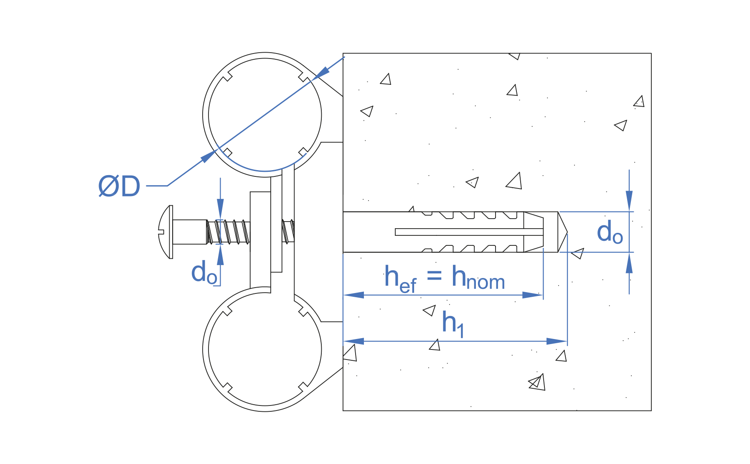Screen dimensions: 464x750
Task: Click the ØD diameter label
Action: (x=119, y=186)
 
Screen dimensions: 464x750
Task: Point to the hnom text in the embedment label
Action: (x=478, y=278)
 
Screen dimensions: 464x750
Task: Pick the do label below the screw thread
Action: (x=204, y=273)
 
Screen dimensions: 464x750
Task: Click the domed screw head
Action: (x=165, y=232)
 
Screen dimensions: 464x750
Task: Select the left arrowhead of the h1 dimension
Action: (x=353, y=341)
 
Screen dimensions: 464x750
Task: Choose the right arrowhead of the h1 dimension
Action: (x=557, y=341)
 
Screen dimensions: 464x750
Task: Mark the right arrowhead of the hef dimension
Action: (x=533, y=295)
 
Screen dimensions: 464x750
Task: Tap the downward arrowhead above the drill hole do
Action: (x=629, y=200)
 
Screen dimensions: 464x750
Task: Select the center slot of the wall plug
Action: (x=468, y=232)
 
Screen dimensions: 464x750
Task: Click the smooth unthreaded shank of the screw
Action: (x=189, y=232)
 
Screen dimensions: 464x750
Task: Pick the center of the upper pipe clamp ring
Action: (x=265, y=115)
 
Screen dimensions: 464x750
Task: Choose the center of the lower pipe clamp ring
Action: (x=265, y=349)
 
